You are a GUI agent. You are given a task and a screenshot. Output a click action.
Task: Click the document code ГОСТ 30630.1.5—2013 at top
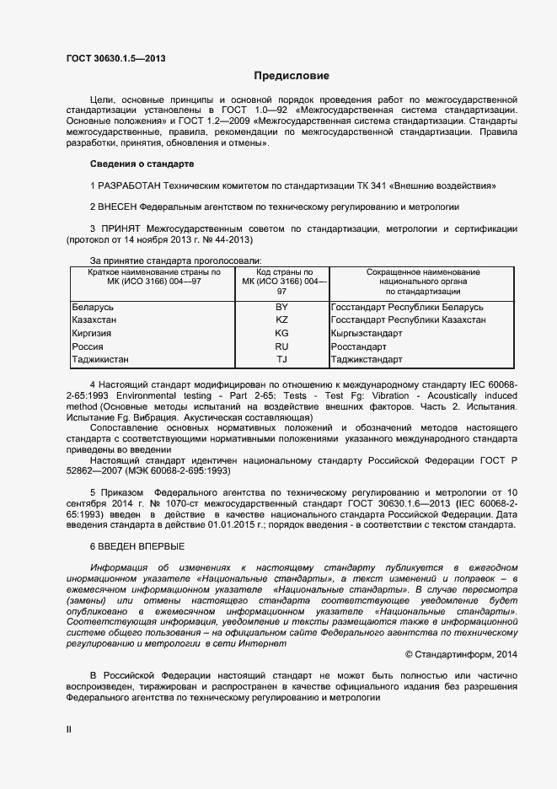click(x=115, y=57)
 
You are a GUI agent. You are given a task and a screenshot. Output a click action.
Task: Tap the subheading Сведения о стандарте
click(x=142, y=163)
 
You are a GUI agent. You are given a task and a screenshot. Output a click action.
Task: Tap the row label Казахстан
click(x=94, y=320)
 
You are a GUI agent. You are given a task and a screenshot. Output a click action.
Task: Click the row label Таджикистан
click(x=100, y=360)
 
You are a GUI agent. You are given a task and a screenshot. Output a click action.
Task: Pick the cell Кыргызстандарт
click(x=367, y=334)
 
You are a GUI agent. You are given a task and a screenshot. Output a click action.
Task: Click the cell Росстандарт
click(x=359, y=346)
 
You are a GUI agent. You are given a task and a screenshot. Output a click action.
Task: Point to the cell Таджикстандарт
click(x=367, y=360)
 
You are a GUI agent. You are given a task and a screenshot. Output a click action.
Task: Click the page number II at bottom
click(x=69, y=727)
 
